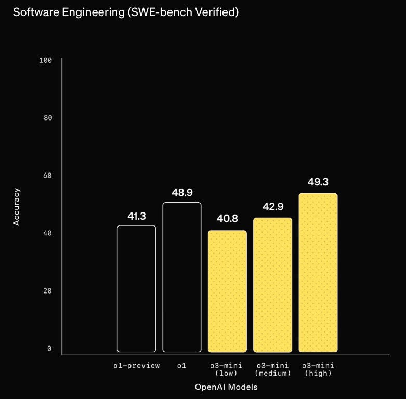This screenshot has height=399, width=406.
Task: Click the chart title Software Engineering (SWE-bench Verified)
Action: click(126, 12)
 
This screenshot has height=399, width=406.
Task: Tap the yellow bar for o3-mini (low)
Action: click(227, 291)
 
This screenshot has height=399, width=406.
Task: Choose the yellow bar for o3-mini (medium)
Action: click(272, 285)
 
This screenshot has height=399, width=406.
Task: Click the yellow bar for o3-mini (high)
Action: click(318, 273)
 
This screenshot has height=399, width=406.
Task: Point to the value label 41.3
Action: click(136, 216)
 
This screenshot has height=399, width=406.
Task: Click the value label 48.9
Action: click(182, 193)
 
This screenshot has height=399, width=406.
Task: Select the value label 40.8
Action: click(227, 218)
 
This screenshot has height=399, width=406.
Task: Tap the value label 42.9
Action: click(273, 206)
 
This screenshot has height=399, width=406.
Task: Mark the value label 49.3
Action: click(318, 182)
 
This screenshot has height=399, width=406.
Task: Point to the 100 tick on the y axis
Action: click(46, 60)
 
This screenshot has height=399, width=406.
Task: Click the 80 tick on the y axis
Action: click(48, 118)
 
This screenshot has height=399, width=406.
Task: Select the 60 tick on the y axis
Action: click(48, 176)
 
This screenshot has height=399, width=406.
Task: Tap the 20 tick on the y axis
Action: click(48, 291)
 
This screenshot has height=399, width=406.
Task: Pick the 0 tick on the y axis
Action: click(49, 349)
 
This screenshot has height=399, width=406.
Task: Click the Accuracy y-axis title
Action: click(16, 207)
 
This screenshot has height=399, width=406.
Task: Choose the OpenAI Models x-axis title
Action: click(226, 387)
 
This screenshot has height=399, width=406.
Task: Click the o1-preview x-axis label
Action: click(136, 366)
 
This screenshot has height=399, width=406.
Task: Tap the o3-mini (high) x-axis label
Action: click(318, 369)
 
